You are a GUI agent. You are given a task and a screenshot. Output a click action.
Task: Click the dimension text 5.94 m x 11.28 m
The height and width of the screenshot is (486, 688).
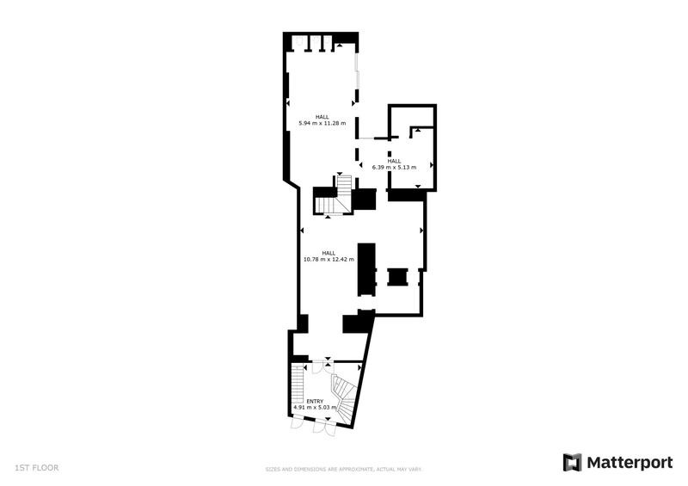(x=322, y=123)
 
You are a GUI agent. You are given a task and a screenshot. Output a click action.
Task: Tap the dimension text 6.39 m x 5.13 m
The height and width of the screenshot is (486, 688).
(x=394, y=167)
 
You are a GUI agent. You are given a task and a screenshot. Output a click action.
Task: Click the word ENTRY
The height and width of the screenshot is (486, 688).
(x=314, y=401)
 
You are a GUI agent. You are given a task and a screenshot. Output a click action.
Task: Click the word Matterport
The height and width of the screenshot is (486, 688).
(x=630, y=462)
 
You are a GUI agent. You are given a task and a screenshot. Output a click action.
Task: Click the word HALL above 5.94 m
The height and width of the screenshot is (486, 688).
(x=322, y=117)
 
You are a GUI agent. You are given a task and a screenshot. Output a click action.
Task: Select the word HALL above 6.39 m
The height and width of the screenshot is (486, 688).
(x=394, y=161)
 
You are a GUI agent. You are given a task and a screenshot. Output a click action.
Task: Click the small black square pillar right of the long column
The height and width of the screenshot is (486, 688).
(x=397, y=277)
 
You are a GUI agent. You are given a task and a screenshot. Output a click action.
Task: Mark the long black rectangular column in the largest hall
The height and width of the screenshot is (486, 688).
(x=366, y=269)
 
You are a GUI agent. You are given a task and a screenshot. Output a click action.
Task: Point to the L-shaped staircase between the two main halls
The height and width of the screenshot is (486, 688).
(x=332, y=197)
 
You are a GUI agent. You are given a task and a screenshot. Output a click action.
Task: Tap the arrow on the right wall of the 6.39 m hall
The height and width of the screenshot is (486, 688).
(x=431, y=166)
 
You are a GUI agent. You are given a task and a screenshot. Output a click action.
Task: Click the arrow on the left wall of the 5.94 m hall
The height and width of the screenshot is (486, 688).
(x=289, y=103)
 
